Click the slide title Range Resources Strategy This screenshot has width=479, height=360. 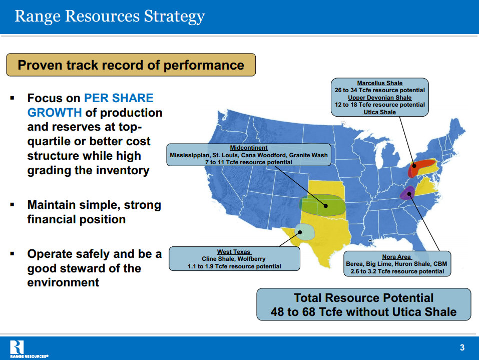coord(110,16)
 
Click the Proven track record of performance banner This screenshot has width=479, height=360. coord(131,65)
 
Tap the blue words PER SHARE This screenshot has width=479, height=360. coord(119,98)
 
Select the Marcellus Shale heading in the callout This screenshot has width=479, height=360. coord(379,83)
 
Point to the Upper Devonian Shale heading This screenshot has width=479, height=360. coord(379,98)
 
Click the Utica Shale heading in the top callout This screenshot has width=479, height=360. coord(379,112)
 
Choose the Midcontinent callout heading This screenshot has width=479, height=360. coord(248,148)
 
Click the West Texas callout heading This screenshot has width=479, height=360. coord(234,252)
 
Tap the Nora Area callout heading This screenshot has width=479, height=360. coord(396,257)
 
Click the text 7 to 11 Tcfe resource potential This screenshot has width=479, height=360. coord(248,163)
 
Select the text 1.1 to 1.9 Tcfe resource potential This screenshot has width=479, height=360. coord(234,266)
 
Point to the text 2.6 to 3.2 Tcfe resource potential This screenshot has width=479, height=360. coord(396,271)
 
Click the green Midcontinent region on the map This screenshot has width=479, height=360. coord(323,206)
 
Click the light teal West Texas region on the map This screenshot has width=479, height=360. coord(305,231)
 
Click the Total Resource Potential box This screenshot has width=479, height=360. coord(363,304)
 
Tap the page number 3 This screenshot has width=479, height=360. coord(462,347)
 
